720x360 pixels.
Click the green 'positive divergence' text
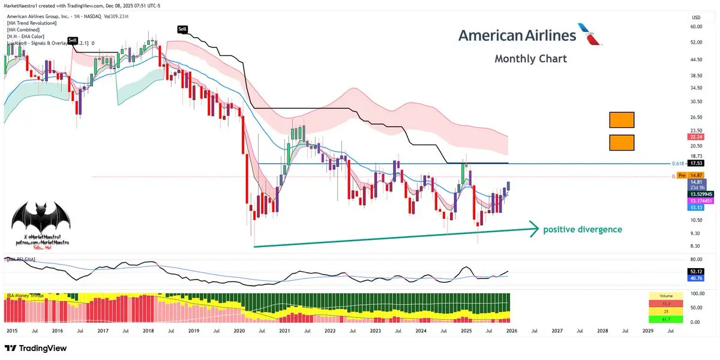pyautogui.click(x=582, y=229)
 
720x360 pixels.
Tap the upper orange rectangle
pyautogui.click(x=622, y=120)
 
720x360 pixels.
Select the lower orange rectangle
pyautogui.click(x=622, y=143)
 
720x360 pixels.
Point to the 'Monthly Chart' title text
pyautogui.click(x=530, y=59)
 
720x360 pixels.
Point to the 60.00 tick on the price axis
pyautogui.click(x=696, y=26)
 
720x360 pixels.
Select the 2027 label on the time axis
pyautogui.click(x=557, y=330)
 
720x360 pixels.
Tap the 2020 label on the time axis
pyautogui.click(x=239, y=330)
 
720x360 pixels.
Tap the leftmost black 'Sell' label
pyautogui.click(x=73, y=40)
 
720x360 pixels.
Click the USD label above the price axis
pyautogui.click(x=697, y=17)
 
